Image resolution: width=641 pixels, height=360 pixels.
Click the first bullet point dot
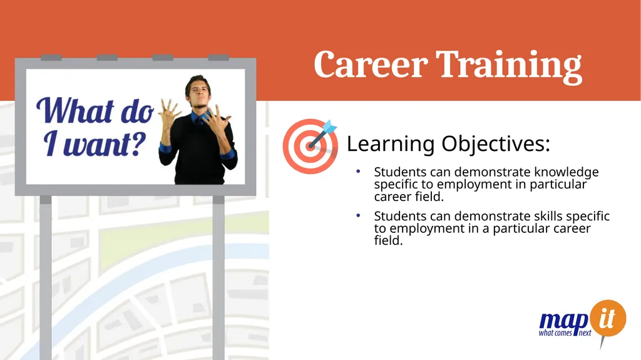(357, 172)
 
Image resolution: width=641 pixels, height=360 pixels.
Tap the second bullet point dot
(357, 215)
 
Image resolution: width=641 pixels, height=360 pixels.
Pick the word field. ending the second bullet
(388, 240)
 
